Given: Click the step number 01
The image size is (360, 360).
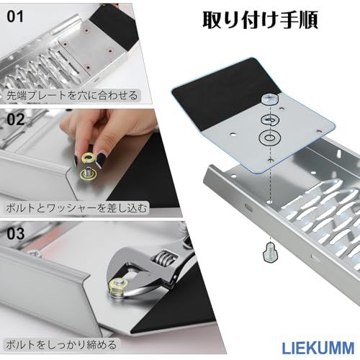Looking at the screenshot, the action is click(x=15, y=17).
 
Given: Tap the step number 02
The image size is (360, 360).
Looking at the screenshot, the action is click(x=16, y=120).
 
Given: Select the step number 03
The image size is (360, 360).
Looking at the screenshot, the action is click(x=16, y=233).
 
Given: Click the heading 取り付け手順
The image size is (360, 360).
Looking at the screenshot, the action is click(x=261, y=20).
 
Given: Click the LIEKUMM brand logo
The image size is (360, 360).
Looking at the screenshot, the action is click(x=318, y=348).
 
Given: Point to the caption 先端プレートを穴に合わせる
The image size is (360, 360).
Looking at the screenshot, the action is click(x=72, y=95).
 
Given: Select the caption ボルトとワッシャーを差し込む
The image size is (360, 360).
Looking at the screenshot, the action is click(x=76, y=207).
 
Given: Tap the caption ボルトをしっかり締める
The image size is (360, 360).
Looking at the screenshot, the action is click(x=61, y=345).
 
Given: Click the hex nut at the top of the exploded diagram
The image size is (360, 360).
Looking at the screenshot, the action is click(x=269, y=99).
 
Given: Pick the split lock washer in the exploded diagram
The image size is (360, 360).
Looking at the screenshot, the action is click(x=271, y=120).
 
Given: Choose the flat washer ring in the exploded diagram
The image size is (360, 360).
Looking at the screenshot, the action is click(x=270, y=138).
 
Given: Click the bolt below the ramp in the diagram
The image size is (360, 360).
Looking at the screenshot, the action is click(x=270, y=252).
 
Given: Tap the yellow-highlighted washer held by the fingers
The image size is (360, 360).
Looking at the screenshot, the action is click(x=88, y=158).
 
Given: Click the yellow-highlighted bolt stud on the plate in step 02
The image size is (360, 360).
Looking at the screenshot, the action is click(x=89, y=174).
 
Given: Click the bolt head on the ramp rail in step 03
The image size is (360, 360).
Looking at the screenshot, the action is click(x=34, y=253).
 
